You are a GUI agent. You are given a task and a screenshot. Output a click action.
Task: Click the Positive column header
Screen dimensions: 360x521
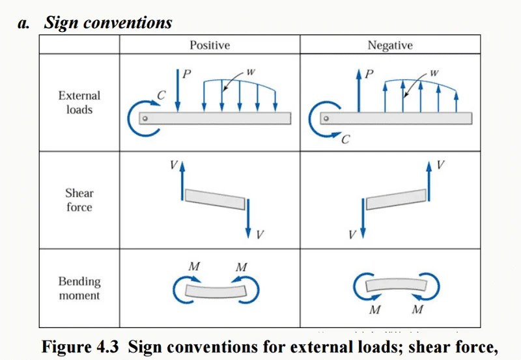[209, 45]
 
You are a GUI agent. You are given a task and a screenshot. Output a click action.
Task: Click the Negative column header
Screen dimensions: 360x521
[389, 45]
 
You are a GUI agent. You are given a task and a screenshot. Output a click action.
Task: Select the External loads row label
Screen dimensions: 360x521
[79, 103]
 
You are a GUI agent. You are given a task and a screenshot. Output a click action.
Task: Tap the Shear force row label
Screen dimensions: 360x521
[79, 201]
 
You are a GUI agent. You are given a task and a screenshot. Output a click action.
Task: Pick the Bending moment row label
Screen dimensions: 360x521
[79, 288]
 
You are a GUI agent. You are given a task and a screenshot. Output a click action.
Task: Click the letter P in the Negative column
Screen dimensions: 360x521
[369, 74]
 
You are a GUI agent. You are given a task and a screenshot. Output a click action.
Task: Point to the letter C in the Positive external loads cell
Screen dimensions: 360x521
[162, 96]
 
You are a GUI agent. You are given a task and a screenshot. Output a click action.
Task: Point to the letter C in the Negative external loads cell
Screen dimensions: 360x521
[345, 139]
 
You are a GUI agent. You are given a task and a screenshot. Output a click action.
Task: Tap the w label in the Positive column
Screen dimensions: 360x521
[251, 71]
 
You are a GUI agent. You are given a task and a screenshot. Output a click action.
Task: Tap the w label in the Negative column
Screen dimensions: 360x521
[434, 71]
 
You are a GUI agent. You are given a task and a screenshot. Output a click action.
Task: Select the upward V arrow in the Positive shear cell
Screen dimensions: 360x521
[182, 179]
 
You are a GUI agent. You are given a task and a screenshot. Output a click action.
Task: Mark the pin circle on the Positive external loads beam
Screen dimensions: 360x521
[146, 118]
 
